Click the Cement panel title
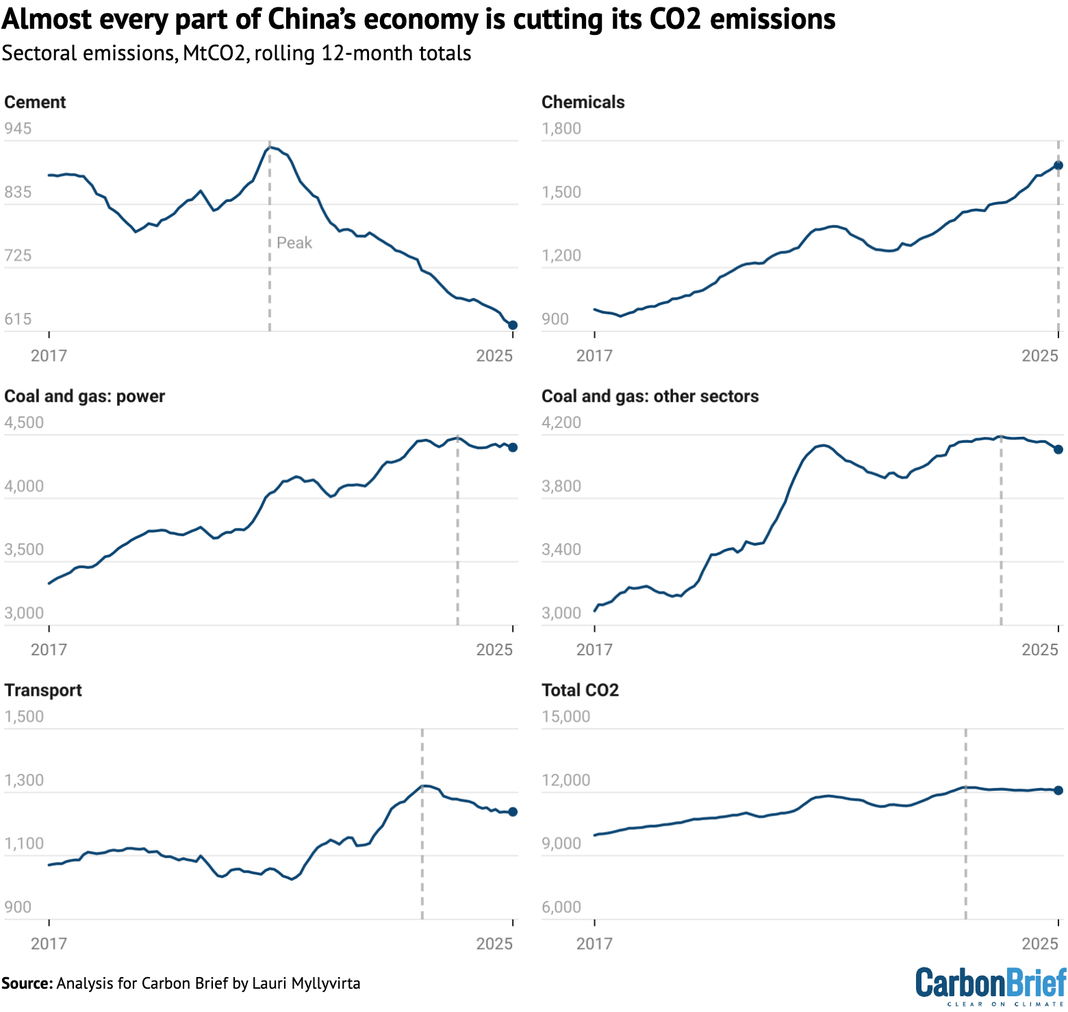click(35, 102)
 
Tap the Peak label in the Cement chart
click(294, 243)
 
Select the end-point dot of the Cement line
click(513, 325)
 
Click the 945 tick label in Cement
click(18, 129)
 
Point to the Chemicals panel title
click(583, 102)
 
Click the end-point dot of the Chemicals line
click(1058, 165)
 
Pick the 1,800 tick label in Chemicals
click(561, 129)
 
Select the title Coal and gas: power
click(84, 396)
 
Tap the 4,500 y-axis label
click(24, 422)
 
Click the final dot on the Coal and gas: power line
click(513, 447)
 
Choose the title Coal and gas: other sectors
click(650, 396)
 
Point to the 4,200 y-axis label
click(561, 422)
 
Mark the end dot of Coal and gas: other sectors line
click(1058, 449)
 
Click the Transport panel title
click(43, 690)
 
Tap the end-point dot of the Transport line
click(513, 811)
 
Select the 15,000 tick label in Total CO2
click(565, 716)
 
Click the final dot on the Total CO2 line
click(1058, 790)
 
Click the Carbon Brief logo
click(991, 985)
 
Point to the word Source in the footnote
click(27, 983)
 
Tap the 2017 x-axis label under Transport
click(49, 944)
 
